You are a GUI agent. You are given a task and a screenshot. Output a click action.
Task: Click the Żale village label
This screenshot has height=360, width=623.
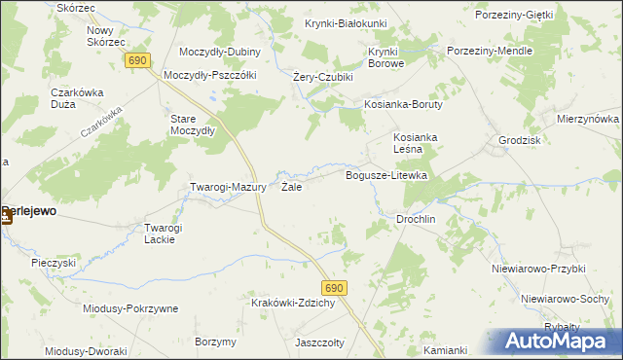point(291,187)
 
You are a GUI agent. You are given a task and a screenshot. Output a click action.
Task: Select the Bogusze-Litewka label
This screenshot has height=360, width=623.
point(387,175)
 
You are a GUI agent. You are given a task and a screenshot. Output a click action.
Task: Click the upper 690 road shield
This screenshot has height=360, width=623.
point(137,60)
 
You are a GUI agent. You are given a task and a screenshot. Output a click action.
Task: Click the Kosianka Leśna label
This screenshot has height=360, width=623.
point(416,143)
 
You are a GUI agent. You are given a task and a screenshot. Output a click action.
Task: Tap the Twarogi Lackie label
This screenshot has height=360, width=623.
point(164,234)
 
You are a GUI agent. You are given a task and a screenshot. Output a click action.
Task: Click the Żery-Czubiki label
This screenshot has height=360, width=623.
point(322,77)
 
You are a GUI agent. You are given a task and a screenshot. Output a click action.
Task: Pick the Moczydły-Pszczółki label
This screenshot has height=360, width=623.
point(209,75)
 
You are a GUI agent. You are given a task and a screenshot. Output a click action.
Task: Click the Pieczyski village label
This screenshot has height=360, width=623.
point(54,263)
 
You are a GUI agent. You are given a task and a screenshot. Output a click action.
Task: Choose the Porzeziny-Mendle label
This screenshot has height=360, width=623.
point(489,50)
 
